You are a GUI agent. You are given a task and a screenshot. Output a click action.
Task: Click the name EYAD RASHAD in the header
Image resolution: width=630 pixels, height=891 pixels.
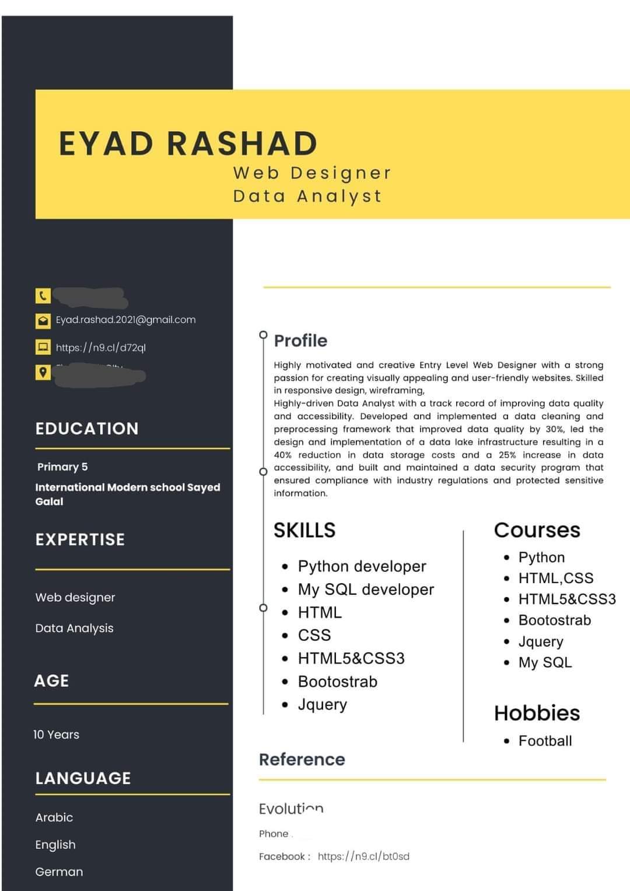(188, 143)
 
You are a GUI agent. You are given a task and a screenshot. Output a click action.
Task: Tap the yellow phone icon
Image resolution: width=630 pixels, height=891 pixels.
(43, 296)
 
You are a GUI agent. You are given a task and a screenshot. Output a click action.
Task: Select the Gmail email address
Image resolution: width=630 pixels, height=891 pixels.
(125, 320)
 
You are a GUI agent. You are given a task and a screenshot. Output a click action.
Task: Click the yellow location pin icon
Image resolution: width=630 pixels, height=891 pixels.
(43, 371)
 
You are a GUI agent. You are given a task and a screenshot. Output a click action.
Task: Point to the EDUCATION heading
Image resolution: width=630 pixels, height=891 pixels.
(87, 429)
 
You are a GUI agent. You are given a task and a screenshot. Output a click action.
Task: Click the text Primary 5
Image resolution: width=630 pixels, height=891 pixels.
(62, 466)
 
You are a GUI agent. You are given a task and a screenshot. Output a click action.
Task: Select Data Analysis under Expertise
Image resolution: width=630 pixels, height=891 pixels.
(74, 628)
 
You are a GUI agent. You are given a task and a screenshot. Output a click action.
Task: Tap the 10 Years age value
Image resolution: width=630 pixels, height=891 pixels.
(56, 735)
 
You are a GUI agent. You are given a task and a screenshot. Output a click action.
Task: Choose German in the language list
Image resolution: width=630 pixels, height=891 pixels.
(59, 872)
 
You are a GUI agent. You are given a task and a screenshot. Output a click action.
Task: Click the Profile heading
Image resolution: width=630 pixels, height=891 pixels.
(300, 341)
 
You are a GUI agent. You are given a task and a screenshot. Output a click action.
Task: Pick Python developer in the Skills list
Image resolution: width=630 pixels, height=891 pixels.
(362, 566)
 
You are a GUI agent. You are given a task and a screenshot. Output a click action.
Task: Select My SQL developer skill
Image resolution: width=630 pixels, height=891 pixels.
(366, 590)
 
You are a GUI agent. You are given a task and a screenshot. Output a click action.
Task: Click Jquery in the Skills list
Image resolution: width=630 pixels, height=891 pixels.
(322, 704)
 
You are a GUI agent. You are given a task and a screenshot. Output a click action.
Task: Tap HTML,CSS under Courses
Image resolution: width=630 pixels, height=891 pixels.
(555, 578)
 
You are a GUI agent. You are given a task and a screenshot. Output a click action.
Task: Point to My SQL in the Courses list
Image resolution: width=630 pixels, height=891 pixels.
(545, 662)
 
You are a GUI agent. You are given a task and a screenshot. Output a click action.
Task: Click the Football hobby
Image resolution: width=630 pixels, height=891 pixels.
(545, 741)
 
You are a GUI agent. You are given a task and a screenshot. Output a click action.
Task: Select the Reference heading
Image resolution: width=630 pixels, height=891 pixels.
(302, 759)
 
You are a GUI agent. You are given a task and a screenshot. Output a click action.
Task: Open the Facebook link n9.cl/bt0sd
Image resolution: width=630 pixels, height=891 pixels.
(363, 857)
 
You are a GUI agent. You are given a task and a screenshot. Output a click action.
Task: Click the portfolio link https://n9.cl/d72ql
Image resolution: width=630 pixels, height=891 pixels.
(100, 348)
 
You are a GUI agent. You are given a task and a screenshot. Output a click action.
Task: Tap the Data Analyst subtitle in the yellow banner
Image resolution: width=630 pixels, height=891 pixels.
(307, 196)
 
